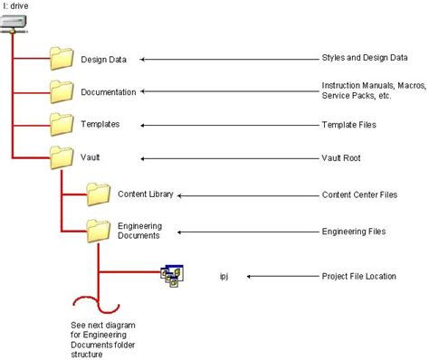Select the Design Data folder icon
tap(62, 59)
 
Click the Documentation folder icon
tap(62, 90)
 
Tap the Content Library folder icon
tap(98, 193)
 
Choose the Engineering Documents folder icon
tap(98, 229)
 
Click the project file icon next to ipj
tap(171, 275)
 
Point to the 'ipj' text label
tap(224, 276)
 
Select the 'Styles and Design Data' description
tap(364, 59)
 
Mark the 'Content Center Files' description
tap(360, 194)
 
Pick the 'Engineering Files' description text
tap(354, 232)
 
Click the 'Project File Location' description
tap(359, 276)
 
